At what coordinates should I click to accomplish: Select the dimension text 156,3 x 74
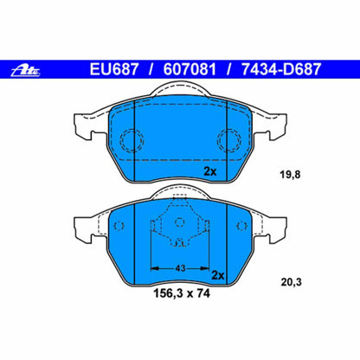coord(181,294)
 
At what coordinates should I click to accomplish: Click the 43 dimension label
coord(178,267)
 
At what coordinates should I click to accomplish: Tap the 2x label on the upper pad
coord(209,171)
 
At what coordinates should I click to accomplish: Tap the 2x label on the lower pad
coord(218,275)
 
